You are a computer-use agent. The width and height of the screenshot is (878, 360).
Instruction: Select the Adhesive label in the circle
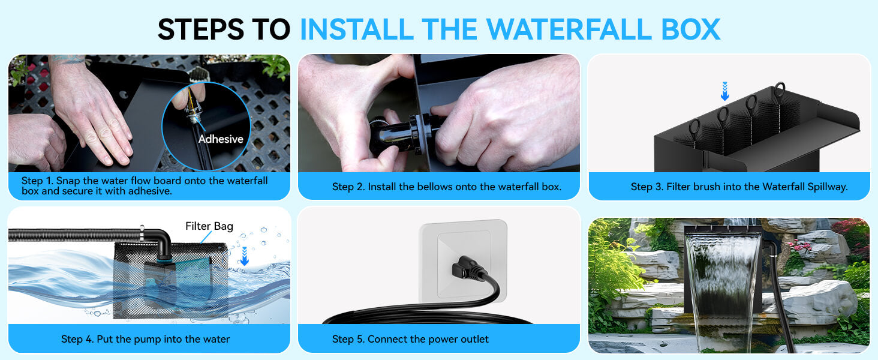tap(221, 139)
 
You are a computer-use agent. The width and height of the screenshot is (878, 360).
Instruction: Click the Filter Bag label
tap(209, 226)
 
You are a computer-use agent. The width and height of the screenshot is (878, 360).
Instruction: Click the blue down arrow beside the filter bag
tap(244, 257)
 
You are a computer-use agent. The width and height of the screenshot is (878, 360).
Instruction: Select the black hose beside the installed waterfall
tap(786, 312)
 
